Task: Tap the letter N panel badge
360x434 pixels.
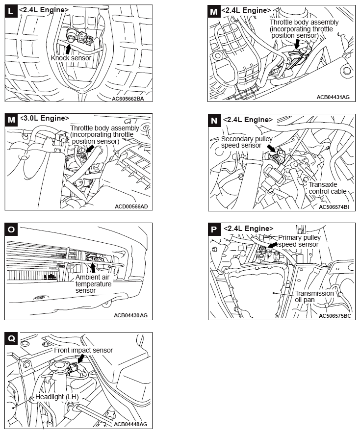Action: tap(214, 120)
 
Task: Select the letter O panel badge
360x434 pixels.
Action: tap(11, 229)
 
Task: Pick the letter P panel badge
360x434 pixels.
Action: tap(214, 229)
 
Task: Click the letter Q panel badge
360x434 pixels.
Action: tap(11, 338)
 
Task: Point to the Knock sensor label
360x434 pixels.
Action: tap(71, 58)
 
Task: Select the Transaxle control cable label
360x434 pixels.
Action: tap(327, 188)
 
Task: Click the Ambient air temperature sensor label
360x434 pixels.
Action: tap(94, 284)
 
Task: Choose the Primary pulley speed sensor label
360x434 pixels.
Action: tap(299, 241)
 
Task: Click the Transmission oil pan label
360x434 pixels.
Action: tap(314, 297)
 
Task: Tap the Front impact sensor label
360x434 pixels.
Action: tap(83, 350)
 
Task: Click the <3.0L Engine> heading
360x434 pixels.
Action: tap(44, 118)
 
